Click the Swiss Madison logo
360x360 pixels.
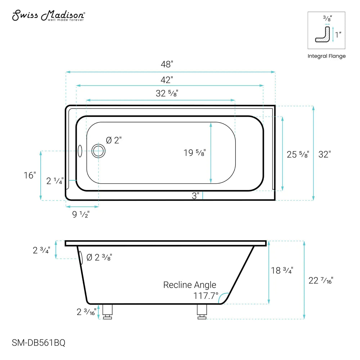pyautogui.click(x=49, y=15)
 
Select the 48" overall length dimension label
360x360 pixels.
pyautogui.click(x=167, y=64)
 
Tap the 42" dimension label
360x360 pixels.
pyautogui.click(x=167, y=79)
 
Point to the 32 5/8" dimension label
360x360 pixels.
pyautogui.click(x=167, y=93)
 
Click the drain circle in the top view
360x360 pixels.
pyautogui.click(x=98, y=151)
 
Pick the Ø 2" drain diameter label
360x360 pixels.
pyautogui.click(x=114, y=140)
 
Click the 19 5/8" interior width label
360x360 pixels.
pyautogui.click(x=194, y=153)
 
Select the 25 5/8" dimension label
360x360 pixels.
pyautogui.click(x=298, y=154)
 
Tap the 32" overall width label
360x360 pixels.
pyautogui.click(x=324, y=154)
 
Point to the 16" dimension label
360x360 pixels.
pyautogui.click(x=30, y=175)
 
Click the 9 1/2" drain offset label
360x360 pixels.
pyautogui.click(x=81, y=215)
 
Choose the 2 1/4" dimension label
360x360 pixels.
pyautogui.click(x=55, y=181)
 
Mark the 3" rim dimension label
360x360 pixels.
pyautogui.click(x=195, y=196)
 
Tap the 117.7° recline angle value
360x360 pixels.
pyautogui.click(x=206, y=296)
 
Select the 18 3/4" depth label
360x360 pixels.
pyautogui.click(x=282, y=270)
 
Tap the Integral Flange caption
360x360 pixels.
pyautogui.click(x=326, y=56)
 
